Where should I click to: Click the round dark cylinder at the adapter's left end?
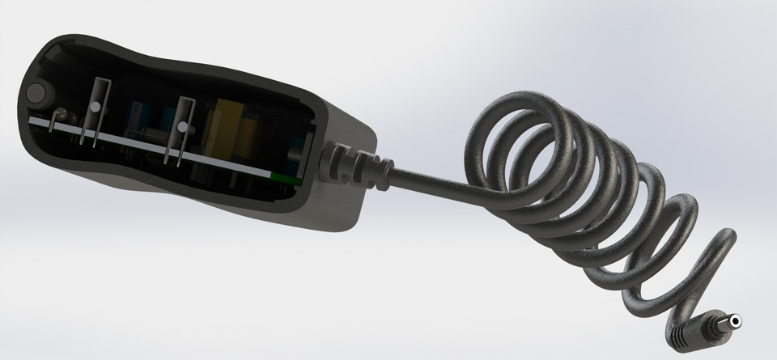coord(37,92)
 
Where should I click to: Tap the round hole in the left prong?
coord(96,107)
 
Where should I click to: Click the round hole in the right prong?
coord(183,127)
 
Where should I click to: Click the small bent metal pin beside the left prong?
coord(58,121)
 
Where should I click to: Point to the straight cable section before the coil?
coord(429,179)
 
